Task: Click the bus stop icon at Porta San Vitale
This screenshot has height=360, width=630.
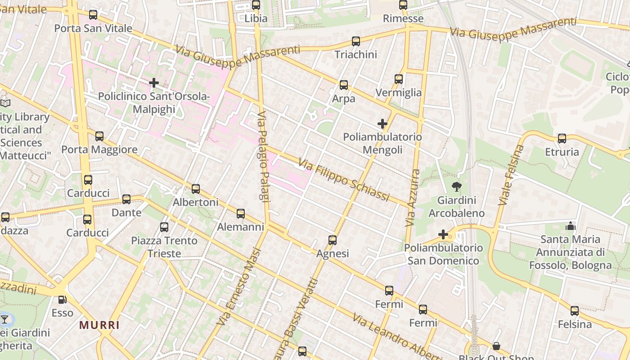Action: [93, 15]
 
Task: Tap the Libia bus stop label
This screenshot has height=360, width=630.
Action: [256, 18]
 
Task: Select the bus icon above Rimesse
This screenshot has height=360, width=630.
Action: [403, 5]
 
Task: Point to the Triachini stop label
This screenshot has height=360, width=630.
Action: [355, 54]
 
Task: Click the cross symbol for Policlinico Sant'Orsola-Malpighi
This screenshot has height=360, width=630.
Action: [154, 83]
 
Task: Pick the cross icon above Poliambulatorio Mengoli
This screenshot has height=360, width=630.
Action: [382, 124]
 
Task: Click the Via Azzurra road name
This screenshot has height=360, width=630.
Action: [413, 198]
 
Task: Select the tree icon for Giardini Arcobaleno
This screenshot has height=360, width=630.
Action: [457, 187]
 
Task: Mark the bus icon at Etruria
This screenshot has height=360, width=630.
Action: [562, 139]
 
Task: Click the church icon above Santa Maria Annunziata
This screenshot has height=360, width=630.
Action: [571, 226]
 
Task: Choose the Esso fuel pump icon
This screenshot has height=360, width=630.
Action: [63, 299]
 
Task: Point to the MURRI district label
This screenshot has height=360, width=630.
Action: [99, 325]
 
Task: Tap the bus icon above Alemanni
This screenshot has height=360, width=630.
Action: [241, 214]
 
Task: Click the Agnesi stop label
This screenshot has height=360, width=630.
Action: [333, 254]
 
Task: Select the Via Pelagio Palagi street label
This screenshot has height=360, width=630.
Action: [263, 163]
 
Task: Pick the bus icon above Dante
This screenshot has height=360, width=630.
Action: [126, 199]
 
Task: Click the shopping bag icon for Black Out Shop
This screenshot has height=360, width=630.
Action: [496, 346]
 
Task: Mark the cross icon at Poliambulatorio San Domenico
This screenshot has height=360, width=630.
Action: [443, 234]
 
